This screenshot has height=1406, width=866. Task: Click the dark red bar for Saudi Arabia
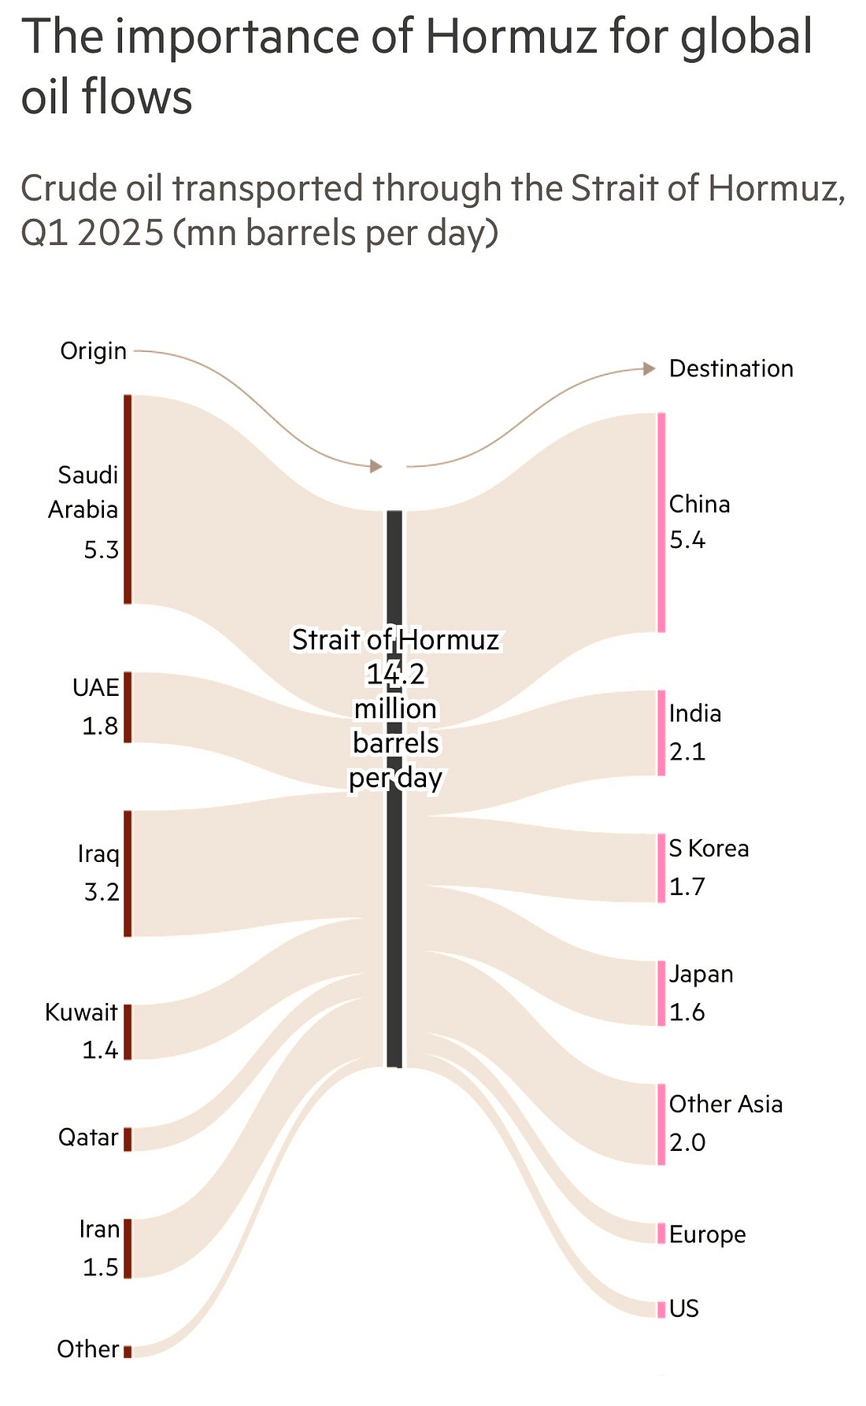128,499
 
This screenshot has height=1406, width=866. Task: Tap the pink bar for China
661,522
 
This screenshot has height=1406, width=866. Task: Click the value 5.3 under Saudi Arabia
102,549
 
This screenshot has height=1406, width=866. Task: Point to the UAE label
96,687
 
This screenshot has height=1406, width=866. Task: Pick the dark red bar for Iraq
128,873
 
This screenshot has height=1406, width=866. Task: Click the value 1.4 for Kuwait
101,1049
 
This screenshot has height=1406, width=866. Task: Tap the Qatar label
88,1137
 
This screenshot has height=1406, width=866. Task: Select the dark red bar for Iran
128,1248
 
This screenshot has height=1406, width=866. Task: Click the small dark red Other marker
128,1351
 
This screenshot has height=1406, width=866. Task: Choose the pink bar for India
661,732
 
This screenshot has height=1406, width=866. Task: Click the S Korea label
709,848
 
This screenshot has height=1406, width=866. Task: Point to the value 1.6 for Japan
687,1012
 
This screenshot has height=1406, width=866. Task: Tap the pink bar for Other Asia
661,1124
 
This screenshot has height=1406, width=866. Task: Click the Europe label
707,1234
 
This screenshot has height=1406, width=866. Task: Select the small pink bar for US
661,1308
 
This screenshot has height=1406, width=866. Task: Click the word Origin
94,350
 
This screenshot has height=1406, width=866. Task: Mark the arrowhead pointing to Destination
649,368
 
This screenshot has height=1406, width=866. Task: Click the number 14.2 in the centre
396,674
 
